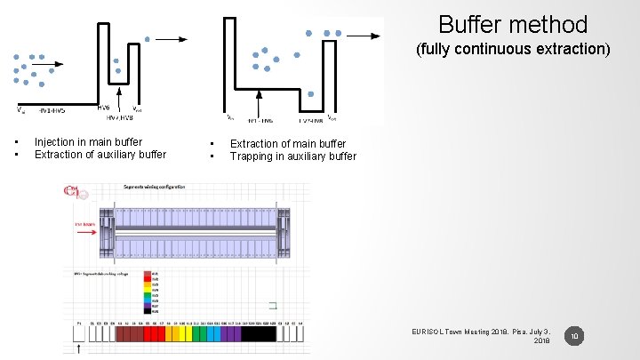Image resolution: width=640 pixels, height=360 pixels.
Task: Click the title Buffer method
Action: [513, 24]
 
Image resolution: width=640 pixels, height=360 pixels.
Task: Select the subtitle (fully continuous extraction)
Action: [513, 49]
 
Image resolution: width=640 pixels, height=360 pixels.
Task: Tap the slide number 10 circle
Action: [575, 336]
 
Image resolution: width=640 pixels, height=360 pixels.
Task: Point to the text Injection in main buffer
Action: [88, 142]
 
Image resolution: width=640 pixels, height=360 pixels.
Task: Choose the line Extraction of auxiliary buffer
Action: [100, 155]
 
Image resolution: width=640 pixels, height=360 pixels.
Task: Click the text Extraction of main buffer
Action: [288, 143]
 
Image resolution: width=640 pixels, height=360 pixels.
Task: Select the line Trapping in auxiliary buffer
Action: [292, 156]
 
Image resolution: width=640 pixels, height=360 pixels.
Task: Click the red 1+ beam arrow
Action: [86, 229]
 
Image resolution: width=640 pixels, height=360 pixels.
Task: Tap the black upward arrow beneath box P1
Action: [79, 348]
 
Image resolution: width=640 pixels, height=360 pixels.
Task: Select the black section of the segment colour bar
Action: [259, 333]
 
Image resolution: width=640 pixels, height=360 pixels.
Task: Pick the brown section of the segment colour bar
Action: [129, 333]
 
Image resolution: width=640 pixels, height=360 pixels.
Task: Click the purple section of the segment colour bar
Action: [229, 333]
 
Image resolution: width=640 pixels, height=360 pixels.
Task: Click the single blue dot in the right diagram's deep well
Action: [309, 93]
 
